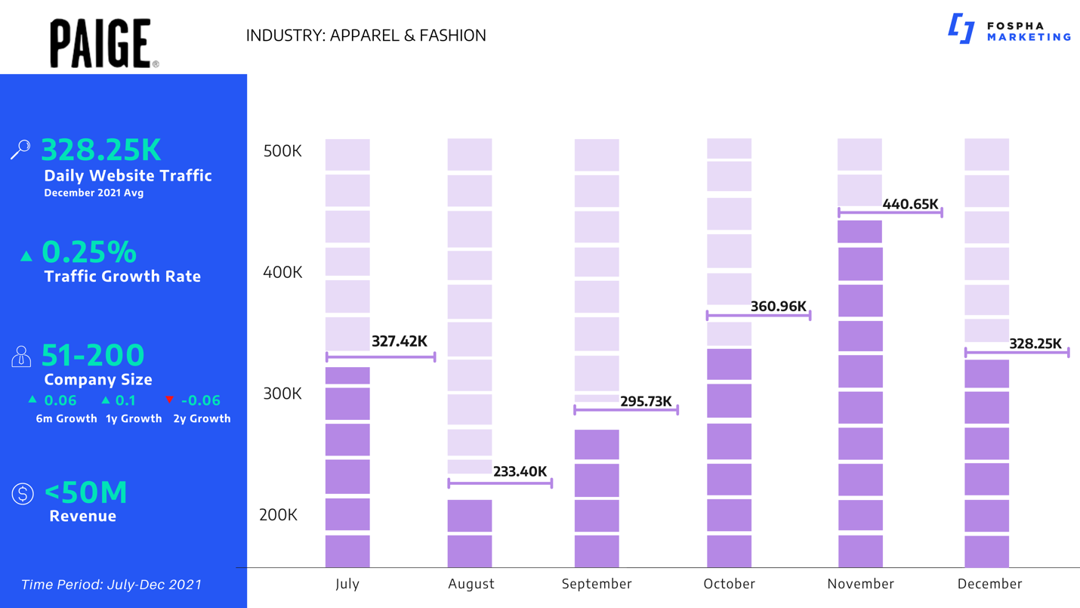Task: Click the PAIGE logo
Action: pos(103,44)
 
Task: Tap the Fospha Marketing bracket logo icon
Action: pos(961,29)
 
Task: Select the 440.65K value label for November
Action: pos(910,204)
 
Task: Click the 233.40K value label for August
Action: pos(520,471)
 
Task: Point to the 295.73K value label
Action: pos(645,401)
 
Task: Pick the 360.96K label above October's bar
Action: pos(778,307)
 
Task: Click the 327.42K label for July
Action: pos(399,342)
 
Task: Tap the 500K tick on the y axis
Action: pos(282,151)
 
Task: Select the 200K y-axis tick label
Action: pos(278,515)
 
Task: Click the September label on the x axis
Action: pos(597,584)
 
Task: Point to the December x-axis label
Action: pos(989,584)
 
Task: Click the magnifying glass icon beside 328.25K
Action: pos(20,150)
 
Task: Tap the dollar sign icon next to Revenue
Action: pos(23,494)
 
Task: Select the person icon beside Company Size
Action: pos(21,356)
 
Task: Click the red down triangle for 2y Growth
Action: pos(169,400)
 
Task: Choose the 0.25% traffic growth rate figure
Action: pos(89,251)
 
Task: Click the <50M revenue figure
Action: pos(85,492)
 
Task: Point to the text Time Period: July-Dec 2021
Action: pos(111,585)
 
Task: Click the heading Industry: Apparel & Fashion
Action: pos(366,35)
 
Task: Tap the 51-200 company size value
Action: pos(92,355)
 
